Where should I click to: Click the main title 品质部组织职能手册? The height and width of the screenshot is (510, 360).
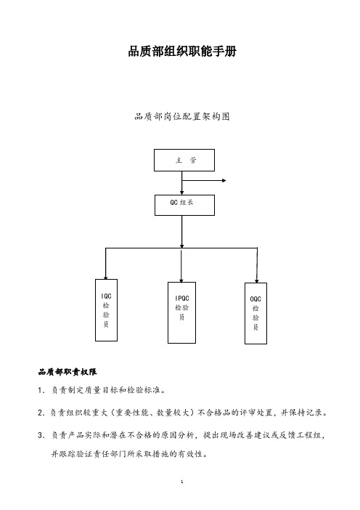tap(182, 51)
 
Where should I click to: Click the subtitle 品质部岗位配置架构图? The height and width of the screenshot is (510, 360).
tap(182, 116)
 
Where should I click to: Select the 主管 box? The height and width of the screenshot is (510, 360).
tap(184, 160)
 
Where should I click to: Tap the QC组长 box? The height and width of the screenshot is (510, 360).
tap(184, 205)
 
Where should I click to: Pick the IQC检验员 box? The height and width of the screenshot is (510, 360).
tap(106, 310)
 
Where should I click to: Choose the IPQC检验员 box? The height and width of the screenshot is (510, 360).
tap(181, 312)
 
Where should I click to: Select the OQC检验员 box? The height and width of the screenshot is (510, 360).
tap(255, 313)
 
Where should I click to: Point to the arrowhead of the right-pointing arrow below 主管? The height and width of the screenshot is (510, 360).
tap(224, 180)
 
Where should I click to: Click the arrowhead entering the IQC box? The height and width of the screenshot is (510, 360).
tap(105, 277)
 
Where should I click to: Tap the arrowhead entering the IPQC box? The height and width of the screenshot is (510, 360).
tap(181, 280)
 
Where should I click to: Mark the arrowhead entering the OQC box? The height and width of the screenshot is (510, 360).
tap(257, 280)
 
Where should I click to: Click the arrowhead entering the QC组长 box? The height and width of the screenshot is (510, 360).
tap(182, 193)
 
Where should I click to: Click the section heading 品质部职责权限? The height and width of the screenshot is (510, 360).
tap(67, 372)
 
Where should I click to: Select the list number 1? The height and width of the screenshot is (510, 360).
tap(41, 390)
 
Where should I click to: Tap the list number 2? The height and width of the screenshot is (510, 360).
tap(41, 413)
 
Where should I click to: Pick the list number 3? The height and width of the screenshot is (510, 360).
tap(41, 435)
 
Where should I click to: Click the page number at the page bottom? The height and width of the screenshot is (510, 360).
tap(182, 482)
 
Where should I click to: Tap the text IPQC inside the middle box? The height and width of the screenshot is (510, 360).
tap(182, 299)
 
